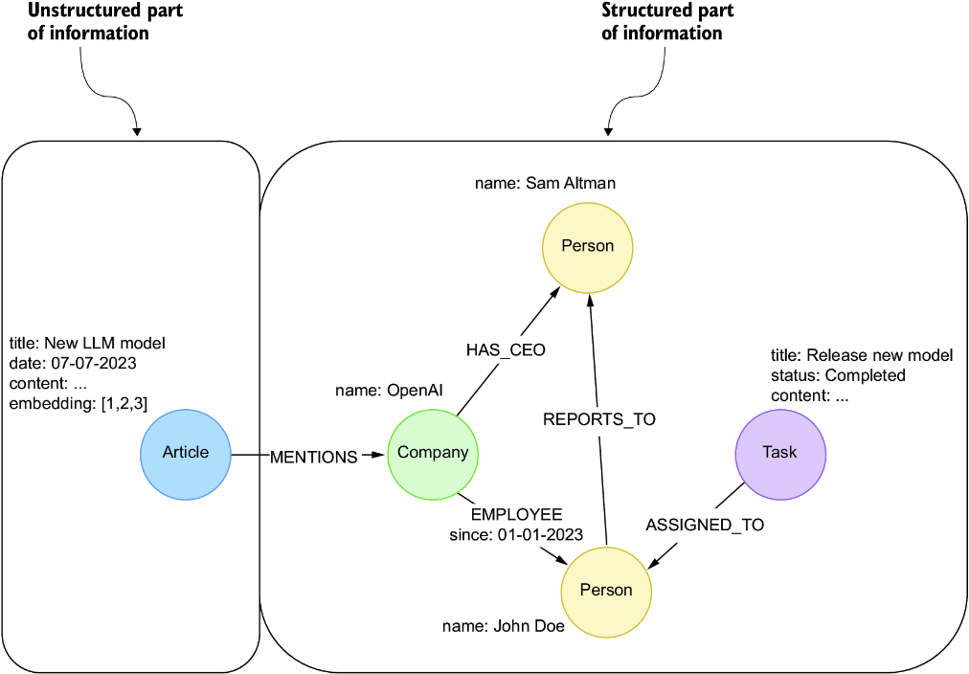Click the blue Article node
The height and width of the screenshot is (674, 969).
tap(185, 453)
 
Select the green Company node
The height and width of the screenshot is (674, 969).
tap(433, 453)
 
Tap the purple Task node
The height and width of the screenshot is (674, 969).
tap(779, 453)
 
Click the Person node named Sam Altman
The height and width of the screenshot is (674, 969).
tap(587, 246)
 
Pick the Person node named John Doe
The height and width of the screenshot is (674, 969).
tap(606, 590)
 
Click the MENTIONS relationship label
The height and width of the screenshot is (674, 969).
tap(313, 457)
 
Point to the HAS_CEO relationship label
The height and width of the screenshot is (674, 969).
tap(506, 350)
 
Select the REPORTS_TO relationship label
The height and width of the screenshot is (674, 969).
tap(599, 419)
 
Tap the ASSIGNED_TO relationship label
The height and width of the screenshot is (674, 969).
tap(705, 525)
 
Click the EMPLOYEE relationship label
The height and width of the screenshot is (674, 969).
tap(516, 514)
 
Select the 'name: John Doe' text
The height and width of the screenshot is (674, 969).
tap(503, 627)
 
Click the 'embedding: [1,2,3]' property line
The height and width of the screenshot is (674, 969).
tap(79, 404)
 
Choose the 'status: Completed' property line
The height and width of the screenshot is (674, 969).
tap(838, 375)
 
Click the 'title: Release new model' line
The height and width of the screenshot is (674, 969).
tap(862, 355)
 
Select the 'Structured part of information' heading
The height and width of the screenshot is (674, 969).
tap(666, 21)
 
